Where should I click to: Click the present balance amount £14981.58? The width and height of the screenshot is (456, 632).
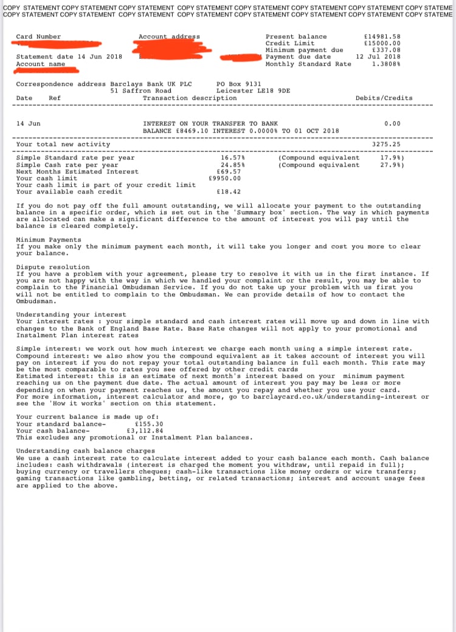[382, 36]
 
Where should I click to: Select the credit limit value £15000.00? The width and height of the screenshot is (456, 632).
[382, 43]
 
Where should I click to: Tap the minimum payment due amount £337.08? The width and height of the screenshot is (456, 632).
[386, 50]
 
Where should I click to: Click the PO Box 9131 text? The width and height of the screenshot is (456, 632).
[239, 84]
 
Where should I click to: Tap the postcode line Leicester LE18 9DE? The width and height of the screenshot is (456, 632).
[253, 91]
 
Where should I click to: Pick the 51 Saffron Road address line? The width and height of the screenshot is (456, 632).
[141, 91]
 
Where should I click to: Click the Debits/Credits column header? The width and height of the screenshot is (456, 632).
[384, 98]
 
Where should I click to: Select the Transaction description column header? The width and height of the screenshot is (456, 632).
[190, 98]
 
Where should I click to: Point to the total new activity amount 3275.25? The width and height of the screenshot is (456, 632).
[386, 144]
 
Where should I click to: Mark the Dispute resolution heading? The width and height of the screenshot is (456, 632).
[53, 267]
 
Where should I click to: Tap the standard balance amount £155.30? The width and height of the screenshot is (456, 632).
[148, 424]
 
